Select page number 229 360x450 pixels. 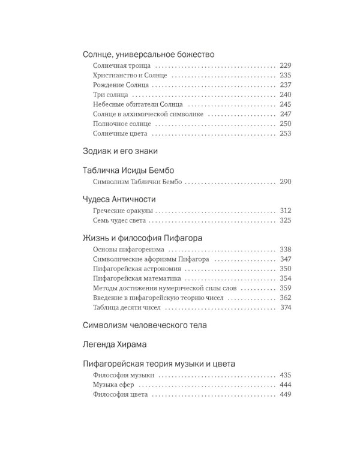(285, 65)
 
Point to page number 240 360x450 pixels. (285, 95)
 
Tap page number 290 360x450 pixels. (285, 181)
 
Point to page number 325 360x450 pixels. (285, 221)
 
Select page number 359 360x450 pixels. (285, 288)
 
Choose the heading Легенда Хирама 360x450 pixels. (115, 345)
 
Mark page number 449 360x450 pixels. (285, 394)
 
